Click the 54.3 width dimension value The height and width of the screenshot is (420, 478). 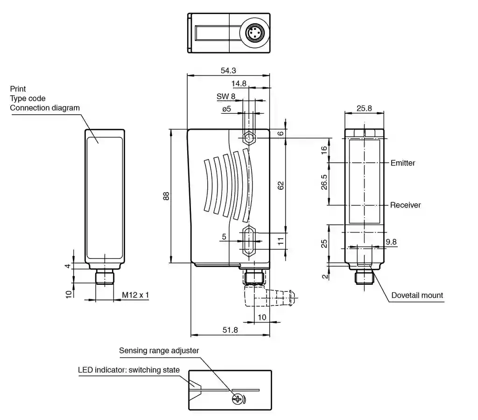point(228,70)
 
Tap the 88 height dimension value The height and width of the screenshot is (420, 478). point(166,196)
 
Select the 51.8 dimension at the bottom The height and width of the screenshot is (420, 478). point(230,330)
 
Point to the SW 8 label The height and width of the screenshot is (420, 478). point(226,96)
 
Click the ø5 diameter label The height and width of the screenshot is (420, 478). point(226,109)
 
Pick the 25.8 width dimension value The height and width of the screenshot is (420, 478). point(364,108)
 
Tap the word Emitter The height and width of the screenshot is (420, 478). point(403,163)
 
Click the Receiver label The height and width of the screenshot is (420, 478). point(406,205)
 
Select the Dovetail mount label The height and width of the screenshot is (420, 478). point(417,295)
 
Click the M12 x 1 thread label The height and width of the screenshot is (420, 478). point(135,295)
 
